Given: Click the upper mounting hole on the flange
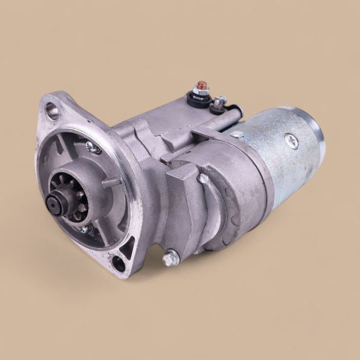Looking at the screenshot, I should point(52,109).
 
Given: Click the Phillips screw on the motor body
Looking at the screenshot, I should point(293,139).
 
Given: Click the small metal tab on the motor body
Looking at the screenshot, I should point(237,135).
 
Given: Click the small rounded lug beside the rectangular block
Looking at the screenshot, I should point(205,179).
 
